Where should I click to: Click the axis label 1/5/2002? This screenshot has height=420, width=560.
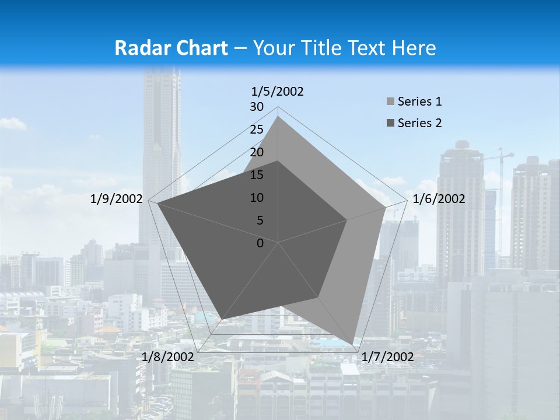[x=277, y=92]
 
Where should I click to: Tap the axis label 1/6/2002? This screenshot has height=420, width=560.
[x=439, y=199]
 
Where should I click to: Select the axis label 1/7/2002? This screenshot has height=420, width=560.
[x=387, y=357]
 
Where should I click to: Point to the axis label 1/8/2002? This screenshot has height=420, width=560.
[x=168, y=357]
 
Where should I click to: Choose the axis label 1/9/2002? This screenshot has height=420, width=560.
[x=117, y=199]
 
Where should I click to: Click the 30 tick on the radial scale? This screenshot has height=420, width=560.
[x=257, y=107]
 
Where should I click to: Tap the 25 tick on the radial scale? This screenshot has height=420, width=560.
[x=257, y=129]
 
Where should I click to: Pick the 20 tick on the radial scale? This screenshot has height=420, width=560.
[x=257, y=152]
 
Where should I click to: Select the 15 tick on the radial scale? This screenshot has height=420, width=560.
[x=257, y=175]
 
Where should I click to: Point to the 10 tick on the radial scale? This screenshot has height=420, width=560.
[x=257, y=198]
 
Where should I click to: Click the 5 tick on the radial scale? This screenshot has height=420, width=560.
[x=260, y=220]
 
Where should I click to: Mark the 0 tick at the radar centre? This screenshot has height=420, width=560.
[x=260, y=243]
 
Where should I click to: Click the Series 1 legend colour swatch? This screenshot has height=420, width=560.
[x=390, y=102]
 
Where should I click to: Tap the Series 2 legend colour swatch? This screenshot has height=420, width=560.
[x=390, y=123]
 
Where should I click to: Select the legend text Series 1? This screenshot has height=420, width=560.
[x=419, y=101]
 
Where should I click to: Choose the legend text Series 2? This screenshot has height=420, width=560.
[x=419, y=123]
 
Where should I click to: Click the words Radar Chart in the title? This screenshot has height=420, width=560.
[x=171, y=48]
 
